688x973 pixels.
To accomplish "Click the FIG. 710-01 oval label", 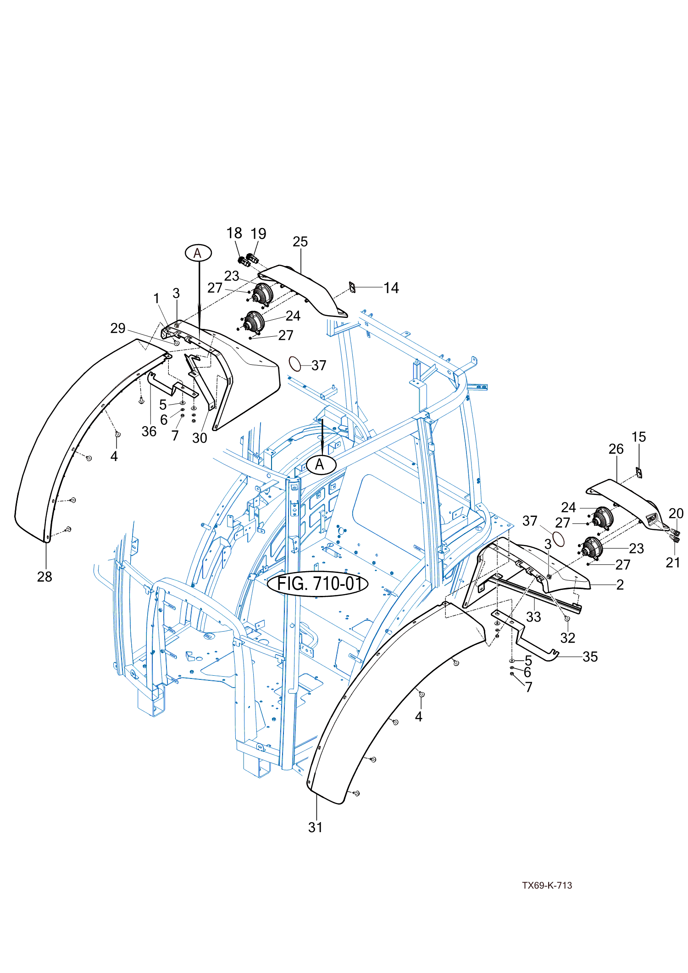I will tap(317, 584).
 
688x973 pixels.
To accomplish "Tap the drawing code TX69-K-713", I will tap(547, 885).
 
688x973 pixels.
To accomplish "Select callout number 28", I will tap(44, 577).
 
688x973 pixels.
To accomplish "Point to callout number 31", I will tap(315, 827).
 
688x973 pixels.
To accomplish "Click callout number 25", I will tap(300, 242).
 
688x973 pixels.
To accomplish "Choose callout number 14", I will tap(391, 288).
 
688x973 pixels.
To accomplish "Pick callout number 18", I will tap(234, 233).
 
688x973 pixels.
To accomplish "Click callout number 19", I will tap(258, 234).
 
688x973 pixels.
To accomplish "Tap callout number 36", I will tap(149, 431).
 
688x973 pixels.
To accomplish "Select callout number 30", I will tap(200, 438).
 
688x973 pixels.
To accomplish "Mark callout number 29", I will tap(118, 328).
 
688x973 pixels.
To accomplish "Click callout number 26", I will tap(616, 449).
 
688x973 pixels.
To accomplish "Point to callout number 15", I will tap(638, 437).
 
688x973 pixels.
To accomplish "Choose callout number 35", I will tap(590, 656).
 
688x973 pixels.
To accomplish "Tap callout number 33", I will tap(533, 617).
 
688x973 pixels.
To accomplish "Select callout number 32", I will tap(567, 638).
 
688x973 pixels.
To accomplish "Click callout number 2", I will tap(620, 584).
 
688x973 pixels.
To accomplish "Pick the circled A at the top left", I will tap(198, 253).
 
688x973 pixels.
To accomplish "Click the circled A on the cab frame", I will tap(320, 465).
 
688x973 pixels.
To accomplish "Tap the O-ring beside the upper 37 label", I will tap(295, 364).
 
